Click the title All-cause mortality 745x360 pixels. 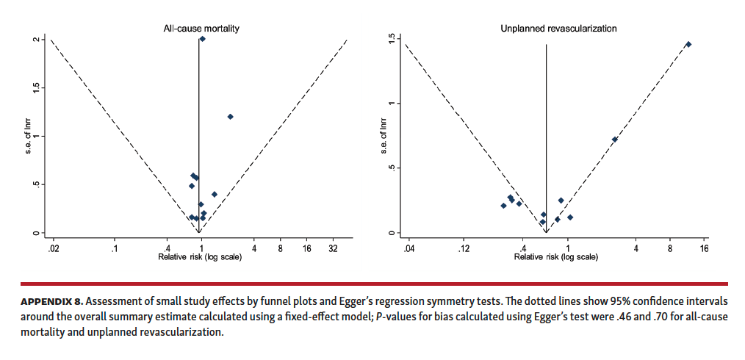click(x=201, y=29)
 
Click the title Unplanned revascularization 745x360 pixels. click(x=558, y=29)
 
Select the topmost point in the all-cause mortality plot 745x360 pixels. click(x=202, y=39)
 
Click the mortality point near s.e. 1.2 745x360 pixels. click(x=230, y=117)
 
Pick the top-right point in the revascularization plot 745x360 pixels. click(x=688, y=45)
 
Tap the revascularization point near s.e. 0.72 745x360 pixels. click(x=615, y=140)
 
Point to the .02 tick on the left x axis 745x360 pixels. click(x=53, y=248)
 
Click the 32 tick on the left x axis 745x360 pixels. click(x=333, y=248)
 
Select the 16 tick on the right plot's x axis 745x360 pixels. click(x=704, y=248)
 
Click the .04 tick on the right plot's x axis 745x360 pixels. click(x=409, y=248)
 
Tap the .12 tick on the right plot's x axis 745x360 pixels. click(x=464, y=248)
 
